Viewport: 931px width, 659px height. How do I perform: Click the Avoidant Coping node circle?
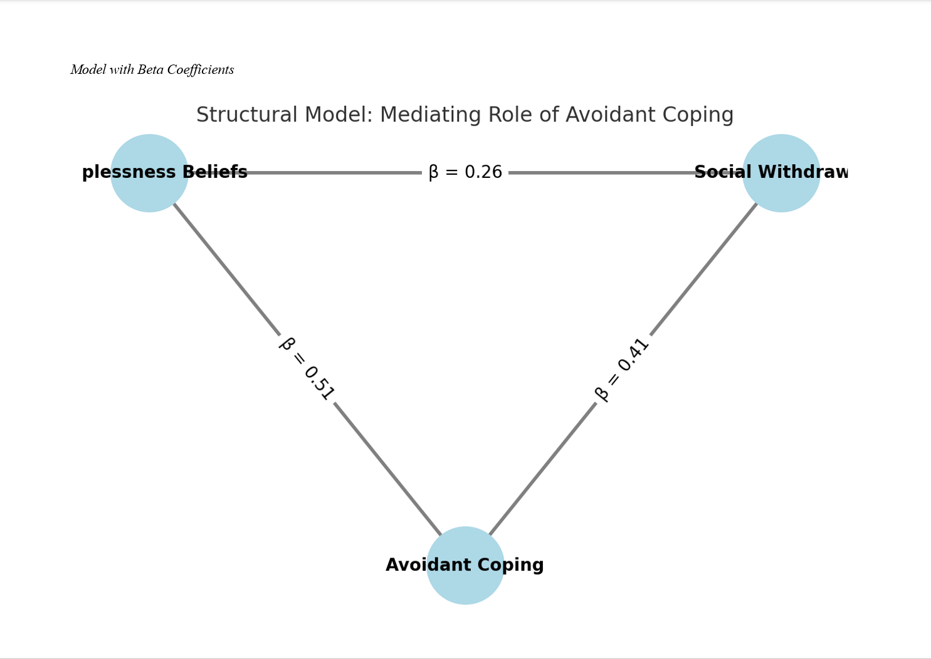(465, 583)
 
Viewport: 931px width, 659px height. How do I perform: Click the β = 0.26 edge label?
(465, 172)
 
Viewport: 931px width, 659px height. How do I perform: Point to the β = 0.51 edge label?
(307, 369)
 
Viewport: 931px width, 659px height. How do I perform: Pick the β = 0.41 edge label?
(622, 370)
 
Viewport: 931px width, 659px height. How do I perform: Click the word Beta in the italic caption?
(150, 70)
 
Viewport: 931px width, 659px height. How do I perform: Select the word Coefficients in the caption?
(201, 70)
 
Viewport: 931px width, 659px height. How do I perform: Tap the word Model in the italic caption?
(88, 70)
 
